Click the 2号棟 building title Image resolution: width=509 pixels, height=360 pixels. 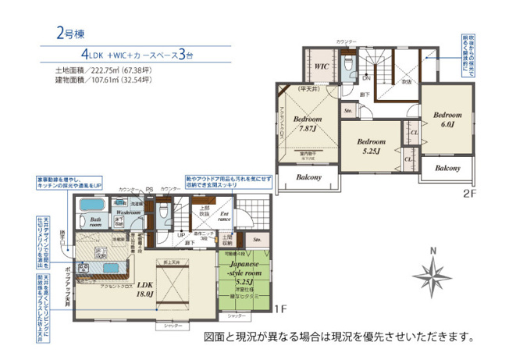[x=69, y=33]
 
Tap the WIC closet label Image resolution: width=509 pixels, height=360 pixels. [x=321, y=67]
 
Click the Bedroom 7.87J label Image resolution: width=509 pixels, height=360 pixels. [x=308, y=124]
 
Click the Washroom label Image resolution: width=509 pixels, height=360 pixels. [x=123, y=212]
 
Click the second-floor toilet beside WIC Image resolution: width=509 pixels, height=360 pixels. [x=348, y=62]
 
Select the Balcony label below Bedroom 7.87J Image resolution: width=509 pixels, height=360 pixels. [x=308, y=178]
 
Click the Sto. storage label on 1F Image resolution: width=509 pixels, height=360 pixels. [x=257, y=239]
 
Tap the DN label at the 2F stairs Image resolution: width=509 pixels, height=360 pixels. [x=365, y=78]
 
